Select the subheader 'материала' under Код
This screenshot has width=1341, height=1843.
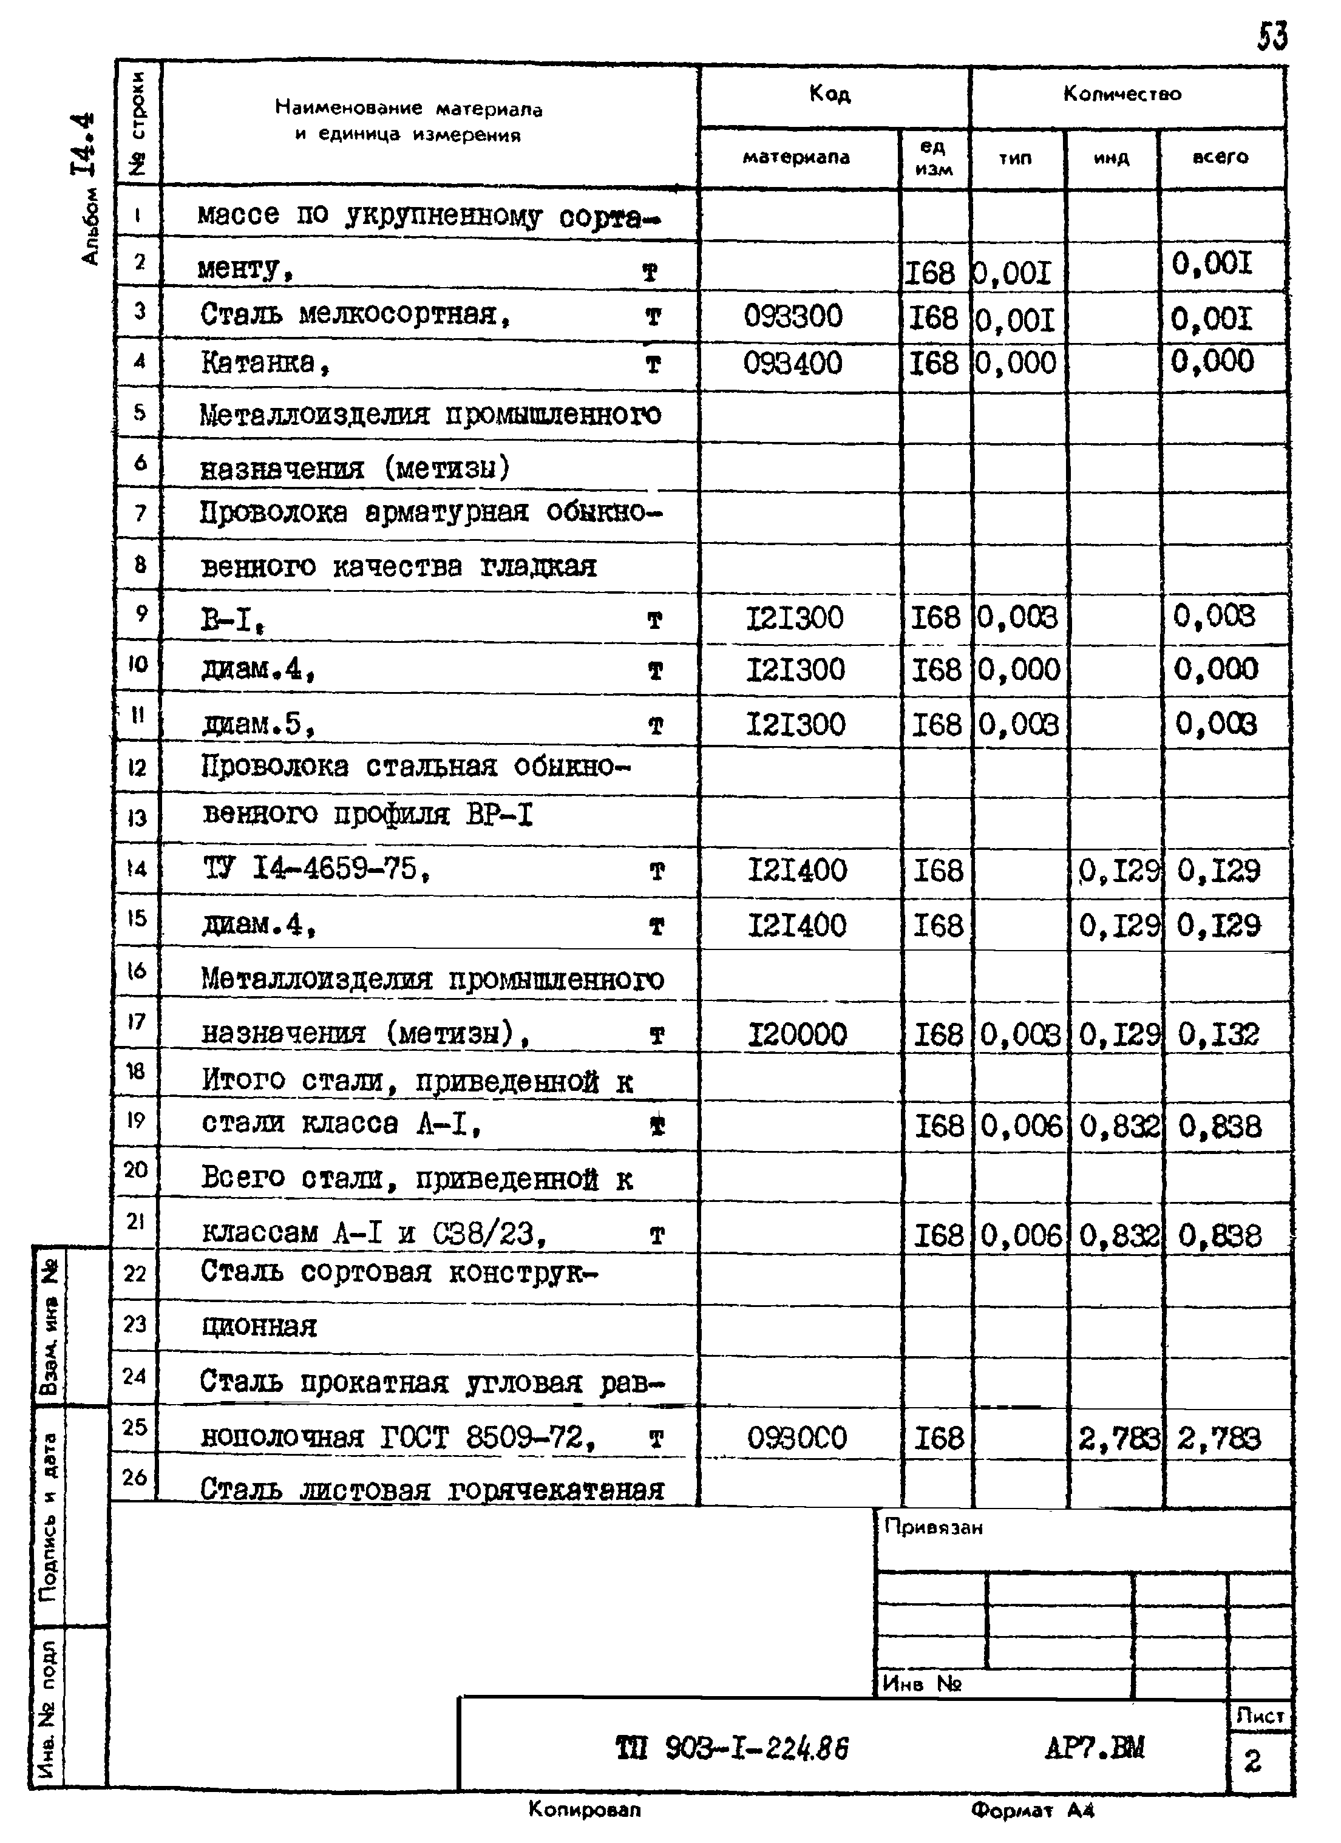796,158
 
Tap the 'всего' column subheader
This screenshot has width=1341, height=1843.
1220,158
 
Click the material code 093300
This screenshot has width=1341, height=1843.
792,316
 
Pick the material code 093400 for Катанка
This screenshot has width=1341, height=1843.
792,363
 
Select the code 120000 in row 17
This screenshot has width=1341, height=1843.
796,1034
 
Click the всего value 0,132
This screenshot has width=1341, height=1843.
1218,1034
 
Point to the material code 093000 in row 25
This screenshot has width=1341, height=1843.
796,1437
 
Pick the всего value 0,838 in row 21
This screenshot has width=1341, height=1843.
1219,1236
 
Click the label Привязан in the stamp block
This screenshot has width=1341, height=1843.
933,1528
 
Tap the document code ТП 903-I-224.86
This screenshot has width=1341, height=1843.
732,1748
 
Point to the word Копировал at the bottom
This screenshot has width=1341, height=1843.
585,1810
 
